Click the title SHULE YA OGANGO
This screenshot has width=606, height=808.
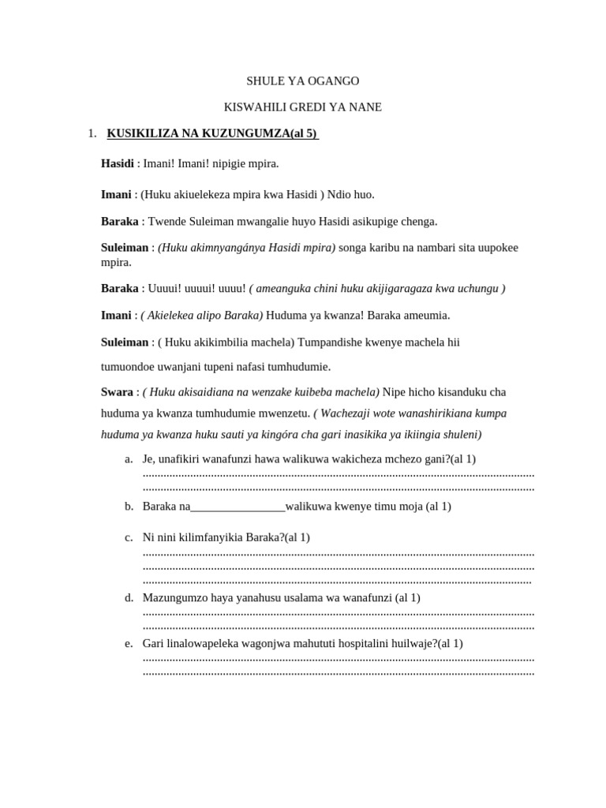[302, 81]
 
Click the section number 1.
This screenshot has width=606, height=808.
[92, 133]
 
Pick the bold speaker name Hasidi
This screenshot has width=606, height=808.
[117, 163]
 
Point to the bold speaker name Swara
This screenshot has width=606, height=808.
[117, 392]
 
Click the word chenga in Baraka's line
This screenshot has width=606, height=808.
[419, 222]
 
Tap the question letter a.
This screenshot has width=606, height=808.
[129, 459]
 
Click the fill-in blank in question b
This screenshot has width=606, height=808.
[238, 507]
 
